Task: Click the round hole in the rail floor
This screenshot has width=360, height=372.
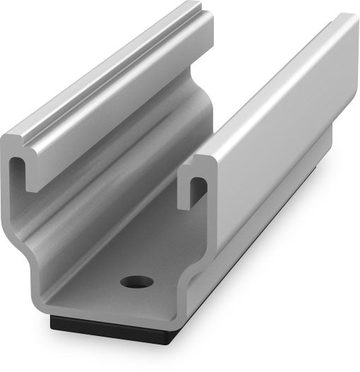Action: [136, 282]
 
